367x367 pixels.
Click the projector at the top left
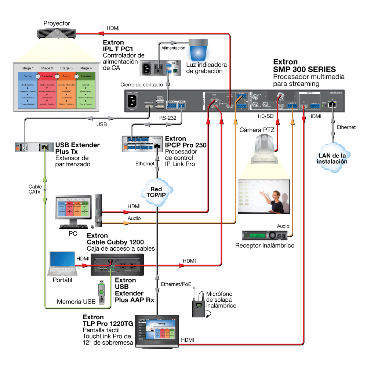point(57,33)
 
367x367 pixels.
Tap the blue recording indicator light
point(198,49)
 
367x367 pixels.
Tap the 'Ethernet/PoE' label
point(176,284)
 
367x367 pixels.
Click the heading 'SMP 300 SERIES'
point(305,69)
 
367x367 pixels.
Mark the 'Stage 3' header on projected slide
point(66,68)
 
